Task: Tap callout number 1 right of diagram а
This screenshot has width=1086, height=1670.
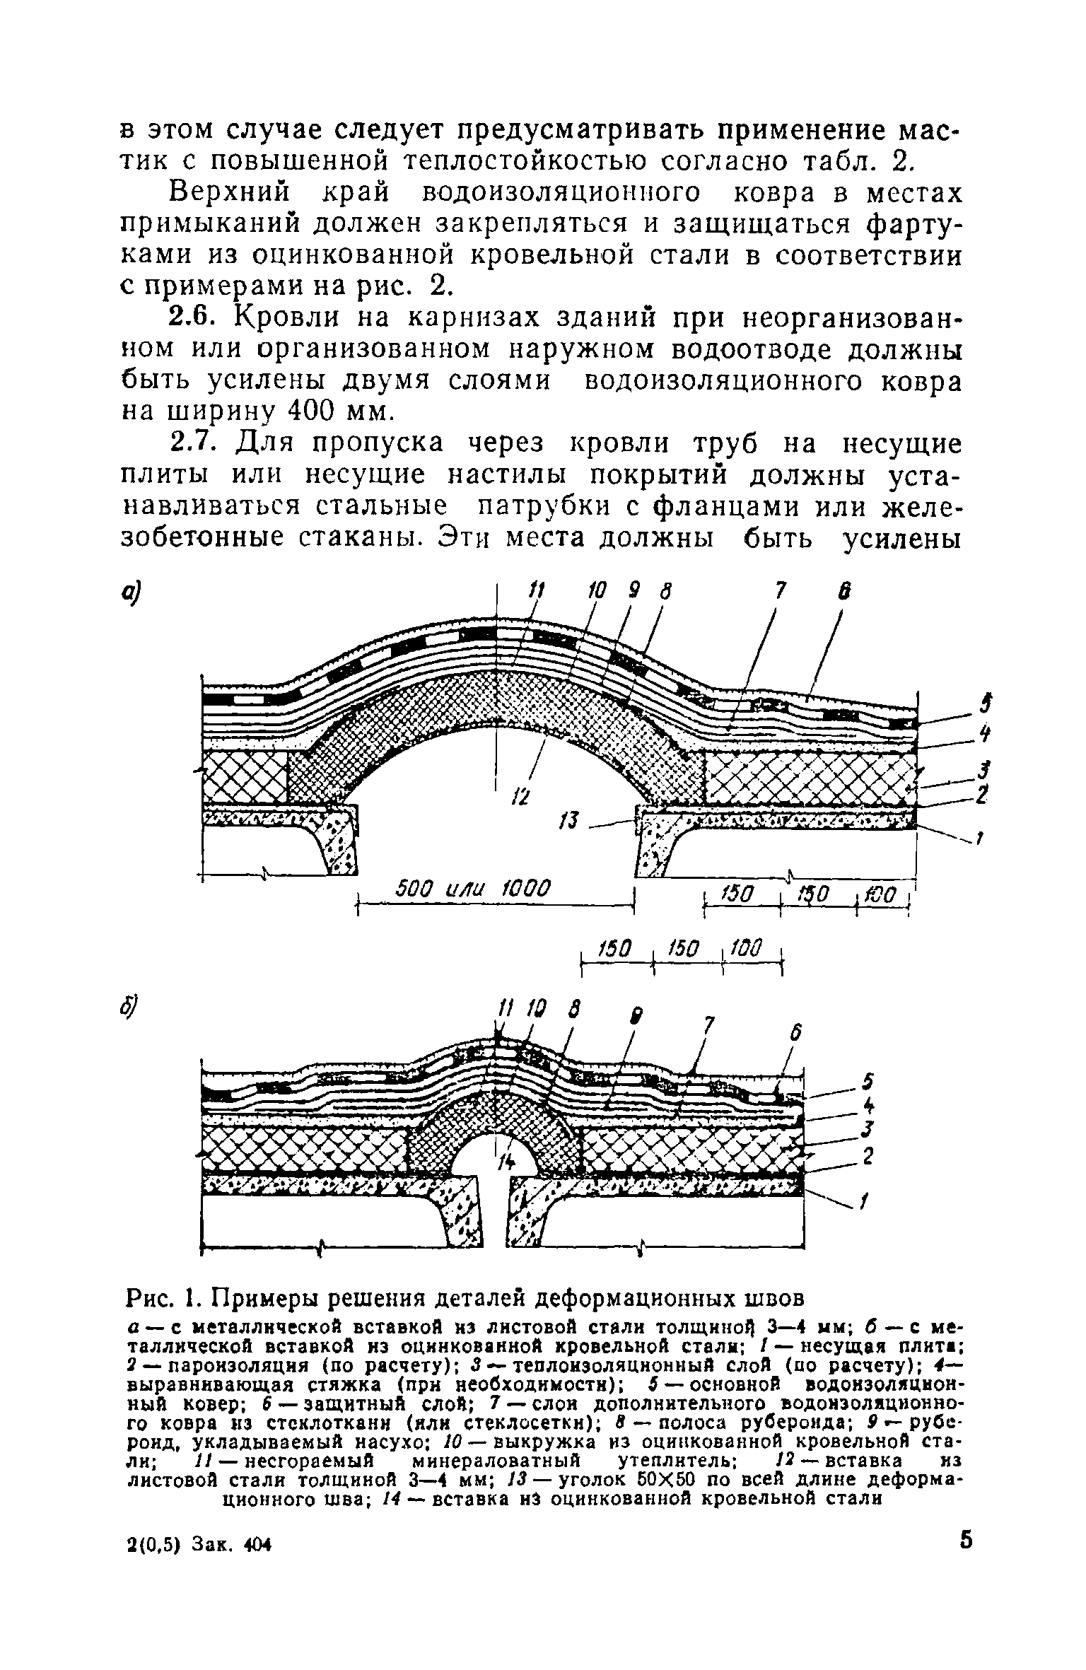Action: pos(980,839)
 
